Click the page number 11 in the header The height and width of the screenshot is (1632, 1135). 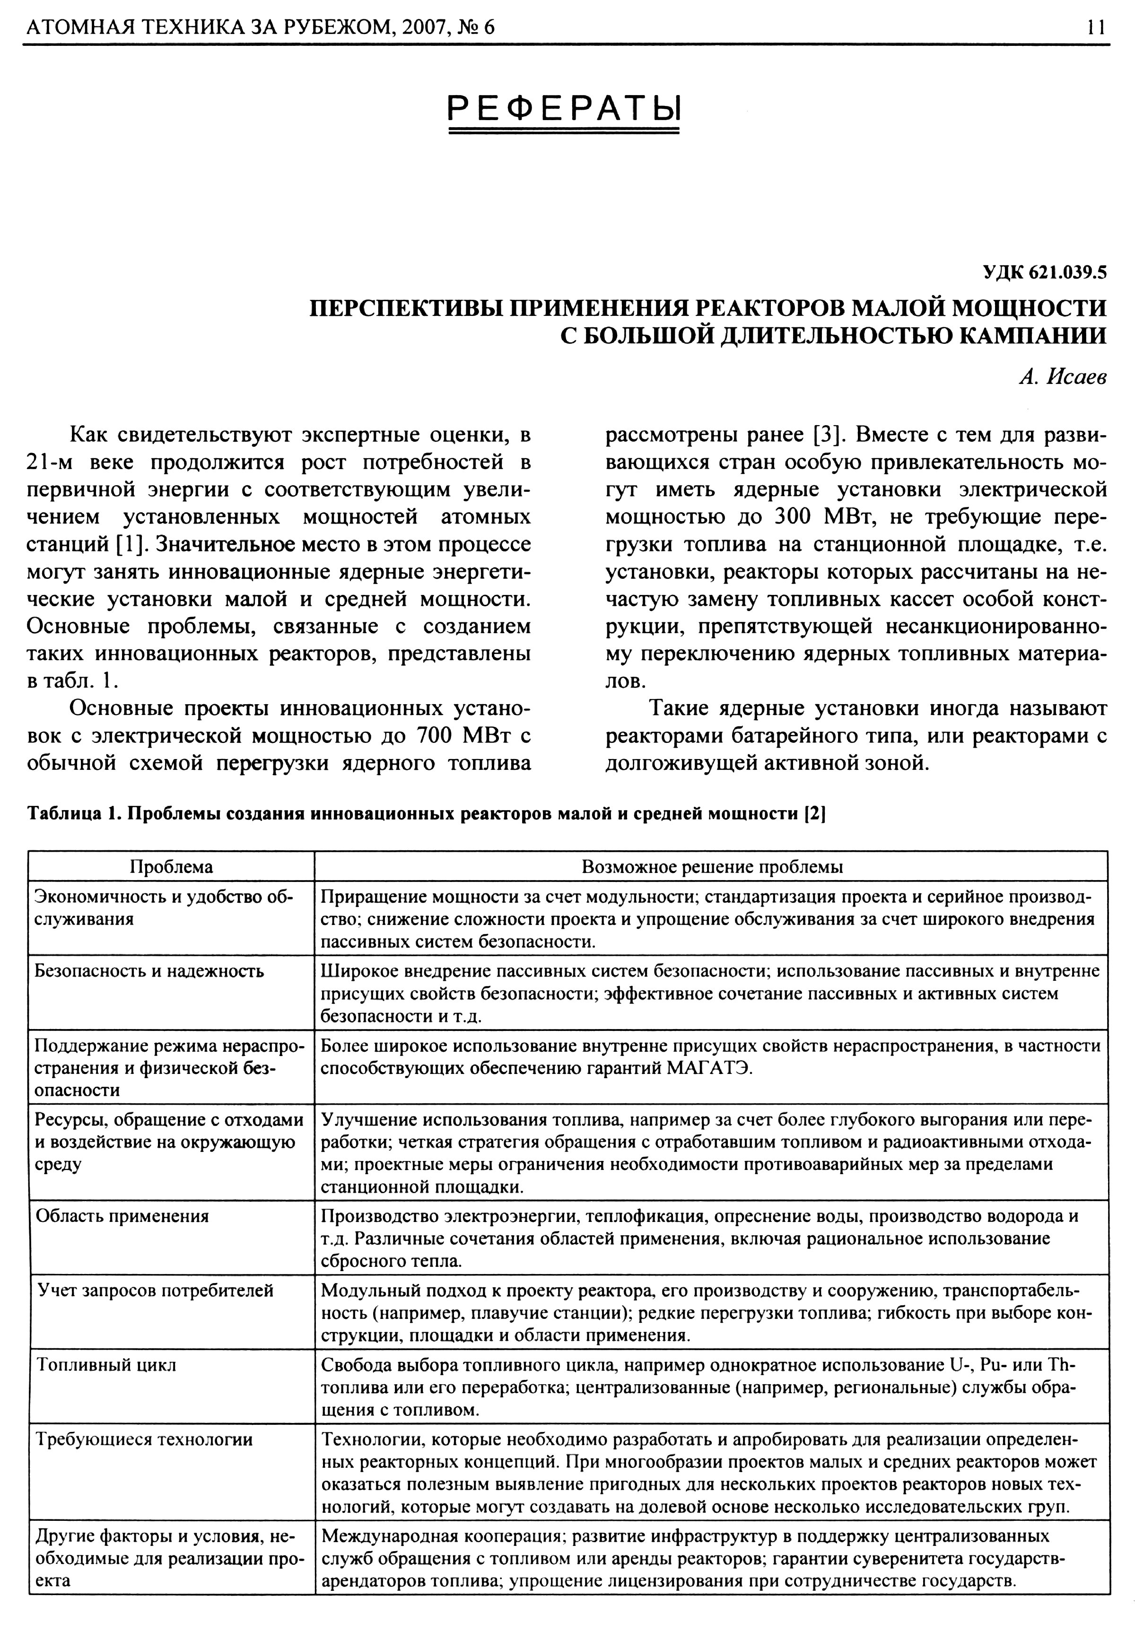1095,27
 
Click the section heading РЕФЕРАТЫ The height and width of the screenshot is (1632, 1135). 564,107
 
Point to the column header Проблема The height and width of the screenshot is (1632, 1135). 171,866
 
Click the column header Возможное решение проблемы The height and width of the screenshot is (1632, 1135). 711,866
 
